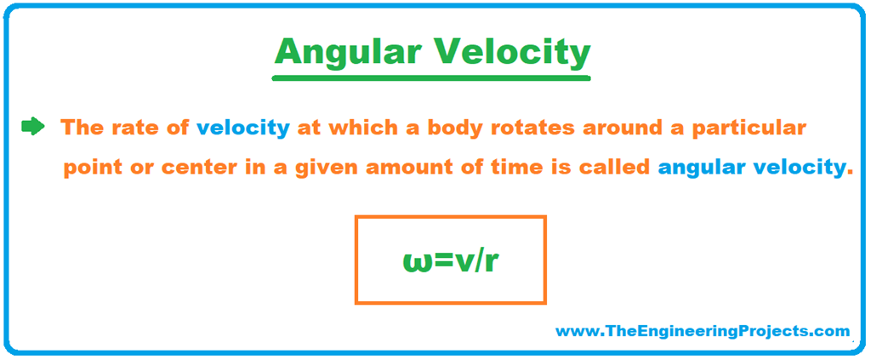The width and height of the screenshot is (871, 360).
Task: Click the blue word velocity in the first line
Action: (242, 129)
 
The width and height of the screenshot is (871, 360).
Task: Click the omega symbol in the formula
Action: (417, 261)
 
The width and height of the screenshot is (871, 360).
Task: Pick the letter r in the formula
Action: (491, 261)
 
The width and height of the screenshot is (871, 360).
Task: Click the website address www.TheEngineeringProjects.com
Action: (702, 330)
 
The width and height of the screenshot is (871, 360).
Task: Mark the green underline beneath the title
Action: (430, 77)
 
